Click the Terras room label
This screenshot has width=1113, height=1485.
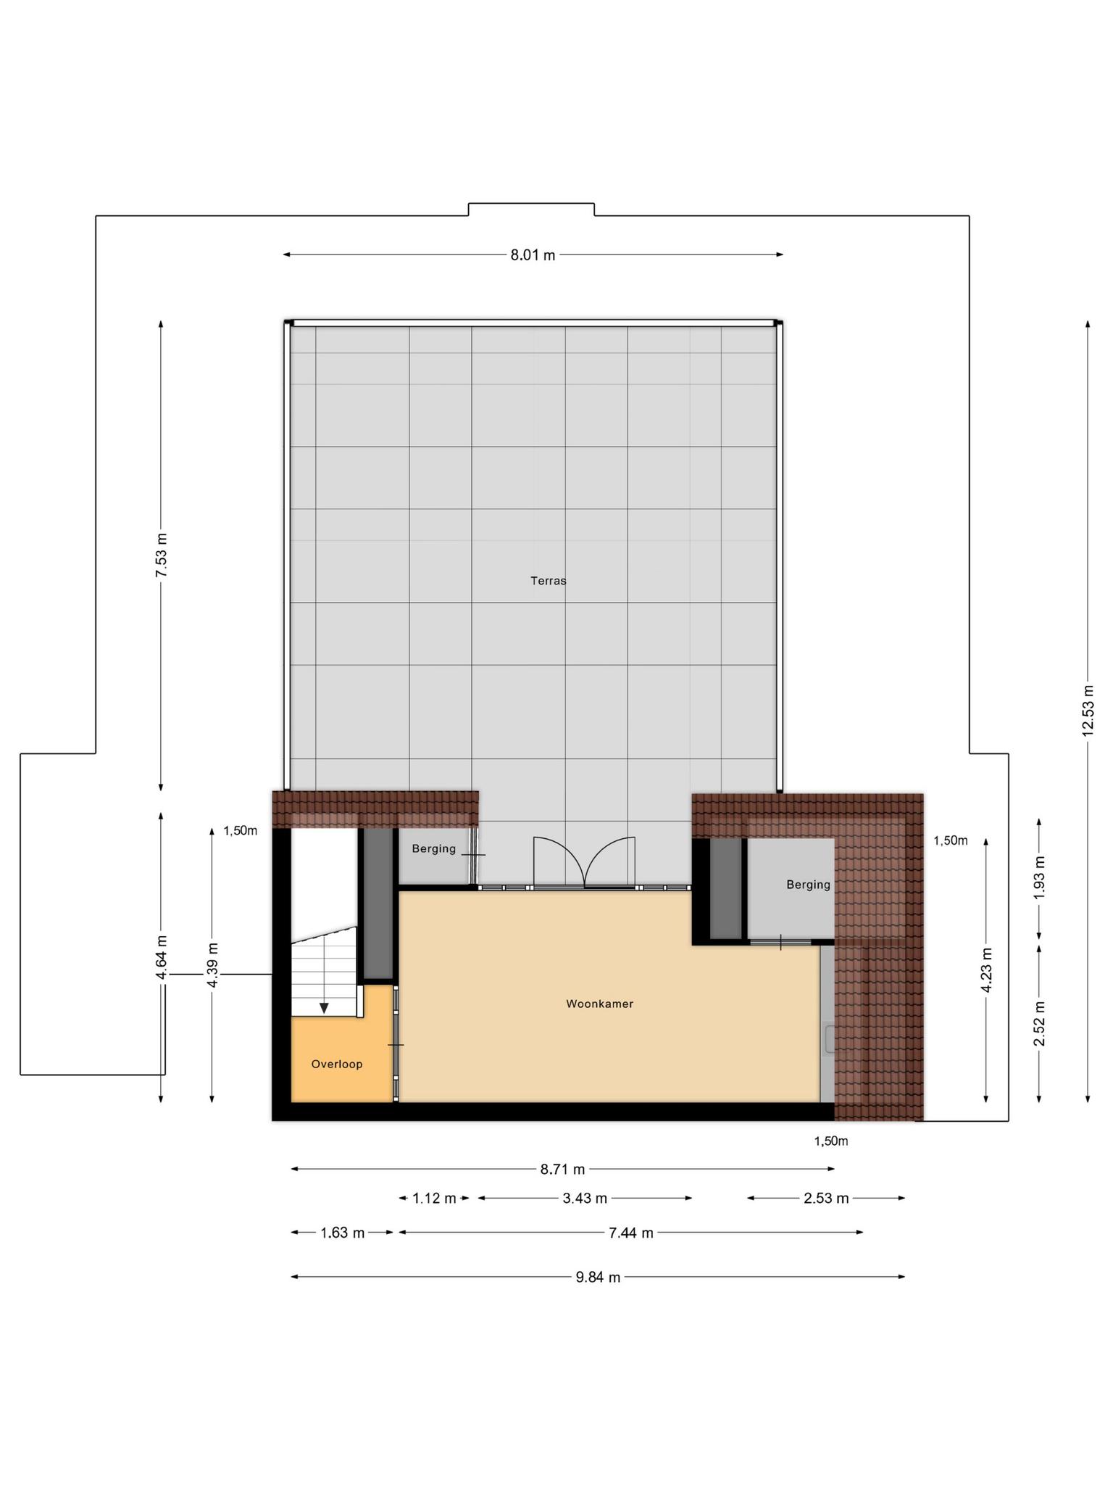[548, 581]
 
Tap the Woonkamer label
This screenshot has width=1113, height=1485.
[599, 1004]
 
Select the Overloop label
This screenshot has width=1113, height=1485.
[336, 1064]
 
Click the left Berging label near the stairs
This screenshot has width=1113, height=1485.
[434, 849]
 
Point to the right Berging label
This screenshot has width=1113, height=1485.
[808, 885]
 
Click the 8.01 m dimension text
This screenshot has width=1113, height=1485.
[533, 255]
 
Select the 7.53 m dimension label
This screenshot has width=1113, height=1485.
[162, 555]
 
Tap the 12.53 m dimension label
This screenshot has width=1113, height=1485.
[1088, 711]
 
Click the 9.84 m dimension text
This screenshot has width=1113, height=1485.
[598, 1278]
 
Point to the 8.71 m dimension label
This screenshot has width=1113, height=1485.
[562, 1170]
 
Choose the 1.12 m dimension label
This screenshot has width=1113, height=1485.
[434, 1199]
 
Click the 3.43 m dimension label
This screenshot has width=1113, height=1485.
[585, 1199]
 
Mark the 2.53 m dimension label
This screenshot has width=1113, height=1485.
[826, 1199]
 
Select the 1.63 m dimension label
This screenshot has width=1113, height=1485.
[342, 1233]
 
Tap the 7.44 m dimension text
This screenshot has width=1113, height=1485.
[630, 1233]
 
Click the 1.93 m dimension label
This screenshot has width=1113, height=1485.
[1040, 878]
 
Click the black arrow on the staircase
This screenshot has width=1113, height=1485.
[324, 1008]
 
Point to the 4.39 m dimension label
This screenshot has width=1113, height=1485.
[212, 964]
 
